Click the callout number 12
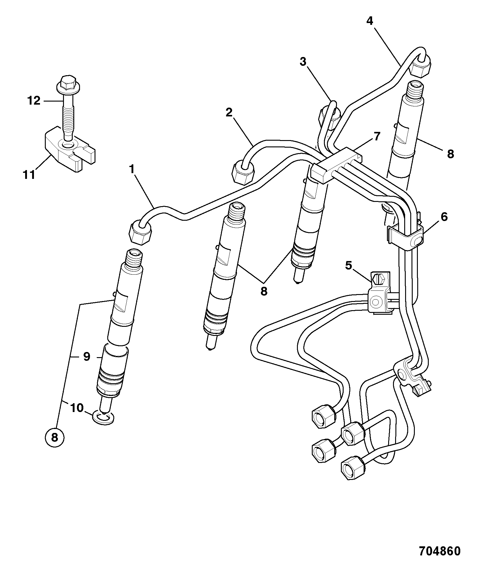[34, 100]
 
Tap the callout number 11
[29, 175]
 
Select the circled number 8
[55, 437]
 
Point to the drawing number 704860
[440, 551]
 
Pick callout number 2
[229, 112]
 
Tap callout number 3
[303, 62]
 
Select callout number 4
[369, 21]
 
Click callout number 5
[348, 266]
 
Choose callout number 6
[444, 217]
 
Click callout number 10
[77, 408]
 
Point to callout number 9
[87, 357]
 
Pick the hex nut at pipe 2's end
[243, 172]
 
